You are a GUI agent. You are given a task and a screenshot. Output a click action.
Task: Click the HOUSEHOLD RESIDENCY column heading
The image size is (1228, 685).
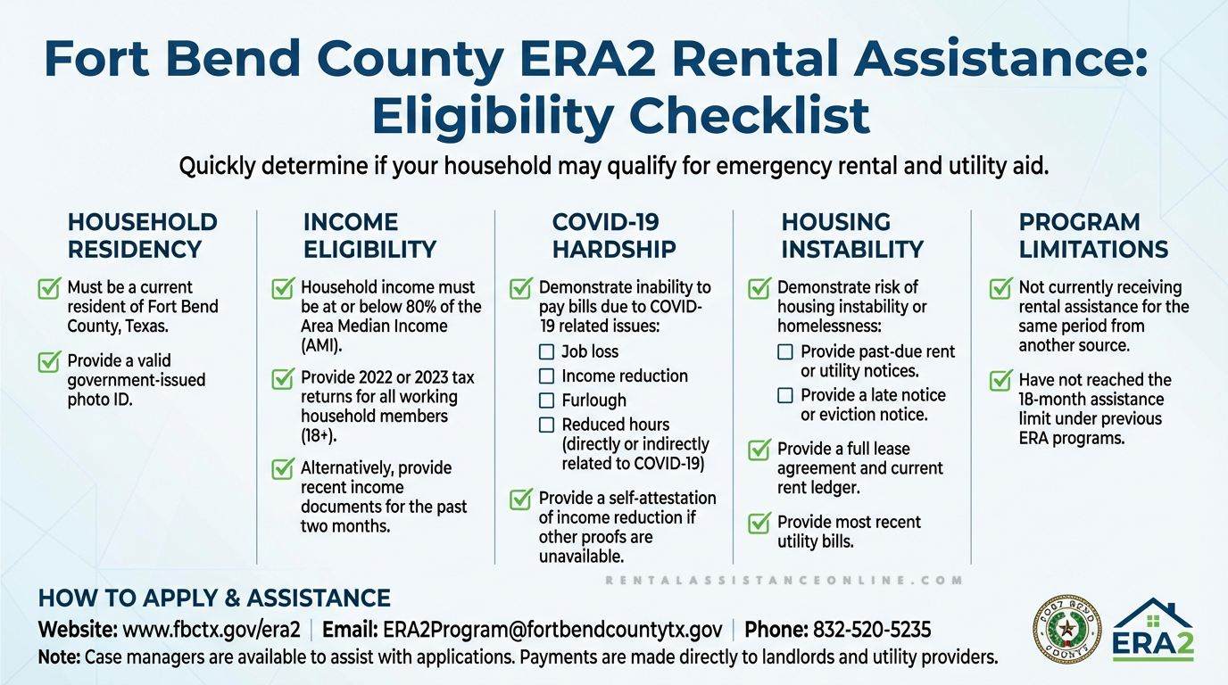click(x=142, y=235)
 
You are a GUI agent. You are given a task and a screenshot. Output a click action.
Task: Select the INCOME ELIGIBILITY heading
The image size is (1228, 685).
click(x=369, y=235)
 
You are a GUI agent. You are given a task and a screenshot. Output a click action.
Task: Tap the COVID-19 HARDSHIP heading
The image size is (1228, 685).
click(x=614, y=235)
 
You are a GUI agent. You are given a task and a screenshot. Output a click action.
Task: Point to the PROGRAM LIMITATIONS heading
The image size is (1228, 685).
click(x=1093, y=235)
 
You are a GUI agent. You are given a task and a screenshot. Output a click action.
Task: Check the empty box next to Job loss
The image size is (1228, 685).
click(x=547, y=351)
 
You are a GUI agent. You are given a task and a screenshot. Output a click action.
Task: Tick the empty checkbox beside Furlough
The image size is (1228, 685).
click(x=547, y=400)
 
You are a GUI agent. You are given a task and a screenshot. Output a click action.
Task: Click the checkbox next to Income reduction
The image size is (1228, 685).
click(x=547, y=376)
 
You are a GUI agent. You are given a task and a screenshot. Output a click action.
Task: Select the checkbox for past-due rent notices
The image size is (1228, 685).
click(x=785, y=351)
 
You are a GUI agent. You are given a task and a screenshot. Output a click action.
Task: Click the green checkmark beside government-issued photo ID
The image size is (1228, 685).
click(x=49, y=361)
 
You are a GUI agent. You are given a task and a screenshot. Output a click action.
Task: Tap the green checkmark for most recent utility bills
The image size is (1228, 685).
click(x=759, y=522)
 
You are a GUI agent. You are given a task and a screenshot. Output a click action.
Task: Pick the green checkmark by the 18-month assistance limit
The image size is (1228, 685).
click(x=1001, y=380)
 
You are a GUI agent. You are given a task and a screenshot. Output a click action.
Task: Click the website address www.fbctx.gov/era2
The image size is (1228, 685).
click(x=211, y=630)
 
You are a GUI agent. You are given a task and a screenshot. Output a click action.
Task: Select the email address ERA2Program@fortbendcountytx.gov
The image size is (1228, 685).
click(x=552, y=630)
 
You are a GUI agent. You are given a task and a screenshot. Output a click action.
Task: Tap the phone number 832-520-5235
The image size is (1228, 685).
click(x=871, y=630)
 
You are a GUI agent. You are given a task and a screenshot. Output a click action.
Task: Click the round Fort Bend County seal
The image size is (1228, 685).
click(x=1066, y=631)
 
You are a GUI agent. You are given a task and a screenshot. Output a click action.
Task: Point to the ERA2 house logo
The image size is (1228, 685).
click(x=1153, y=630)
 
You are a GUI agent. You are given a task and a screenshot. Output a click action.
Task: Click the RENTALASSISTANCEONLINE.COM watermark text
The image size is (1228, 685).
click(x=784, y=580)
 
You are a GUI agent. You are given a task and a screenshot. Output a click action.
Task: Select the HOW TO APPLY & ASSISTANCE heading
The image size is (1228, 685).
click(x=214, y=598)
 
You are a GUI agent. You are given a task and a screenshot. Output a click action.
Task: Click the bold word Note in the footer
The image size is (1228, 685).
click(x=59, y=658)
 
